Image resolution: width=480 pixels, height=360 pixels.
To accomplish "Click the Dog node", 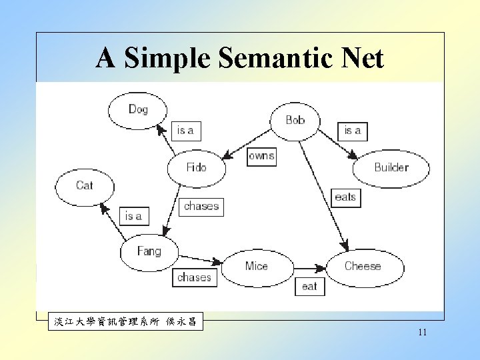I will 138,109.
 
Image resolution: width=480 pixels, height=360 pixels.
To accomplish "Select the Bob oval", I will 295,121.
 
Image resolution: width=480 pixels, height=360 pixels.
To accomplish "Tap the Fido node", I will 196,167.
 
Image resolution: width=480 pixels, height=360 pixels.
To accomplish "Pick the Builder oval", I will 391,167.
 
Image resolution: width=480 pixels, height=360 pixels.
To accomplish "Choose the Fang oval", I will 149,251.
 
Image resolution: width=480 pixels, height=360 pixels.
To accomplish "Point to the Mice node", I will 256,267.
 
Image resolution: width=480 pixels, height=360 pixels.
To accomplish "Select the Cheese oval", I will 363,266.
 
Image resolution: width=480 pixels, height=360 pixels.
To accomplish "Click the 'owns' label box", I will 261,156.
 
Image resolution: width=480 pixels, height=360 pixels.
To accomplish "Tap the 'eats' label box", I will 345,197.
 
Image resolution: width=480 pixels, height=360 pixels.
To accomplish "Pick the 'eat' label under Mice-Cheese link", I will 310,287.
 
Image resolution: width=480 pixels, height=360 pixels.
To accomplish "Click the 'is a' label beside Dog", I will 185,131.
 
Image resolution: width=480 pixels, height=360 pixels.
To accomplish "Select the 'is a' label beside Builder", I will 353,131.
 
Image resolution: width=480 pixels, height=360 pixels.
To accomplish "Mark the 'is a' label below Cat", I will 134,216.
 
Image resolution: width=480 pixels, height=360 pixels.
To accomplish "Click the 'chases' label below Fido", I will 201,207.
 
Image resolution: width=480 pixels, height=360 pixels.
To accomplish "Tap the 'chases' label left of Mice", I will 194,277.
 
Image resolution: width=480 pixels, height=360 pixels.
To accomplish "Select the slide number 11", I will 422,332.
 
